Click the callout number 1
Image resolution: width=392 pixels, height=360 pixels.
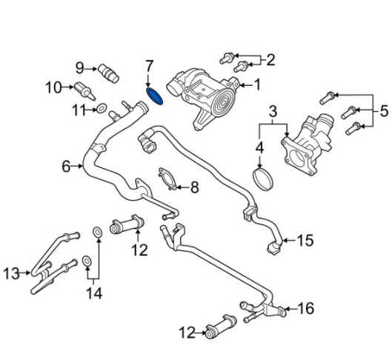pyautogui.click(x=257, y=85)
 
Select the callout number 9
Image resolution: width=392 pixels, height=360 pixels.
pyautogui.click(x=81, y=68)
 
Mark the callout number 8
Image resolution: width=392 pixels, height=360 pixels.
pyautogui.click(x=195, y=187)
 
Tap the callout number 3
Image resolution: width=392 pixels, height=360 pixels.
pyautogui.click(x=273, y=113)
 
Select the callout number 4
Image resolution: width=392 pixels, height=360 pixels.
pyautogui.click(x=259, y=147)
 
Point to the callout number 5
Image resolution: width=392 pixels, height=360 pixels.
pyautogui.click(x=383, y=111)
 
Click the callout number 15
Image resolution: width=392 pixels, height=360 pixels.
pyautogui.click(x=305, y=240)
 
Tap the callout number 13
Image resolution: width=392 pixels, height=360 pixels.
pyautogui.click(x=10, y=274)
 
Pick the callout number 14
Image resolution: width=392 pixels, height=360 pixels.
pyautogui.click(x=93, y=294)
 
